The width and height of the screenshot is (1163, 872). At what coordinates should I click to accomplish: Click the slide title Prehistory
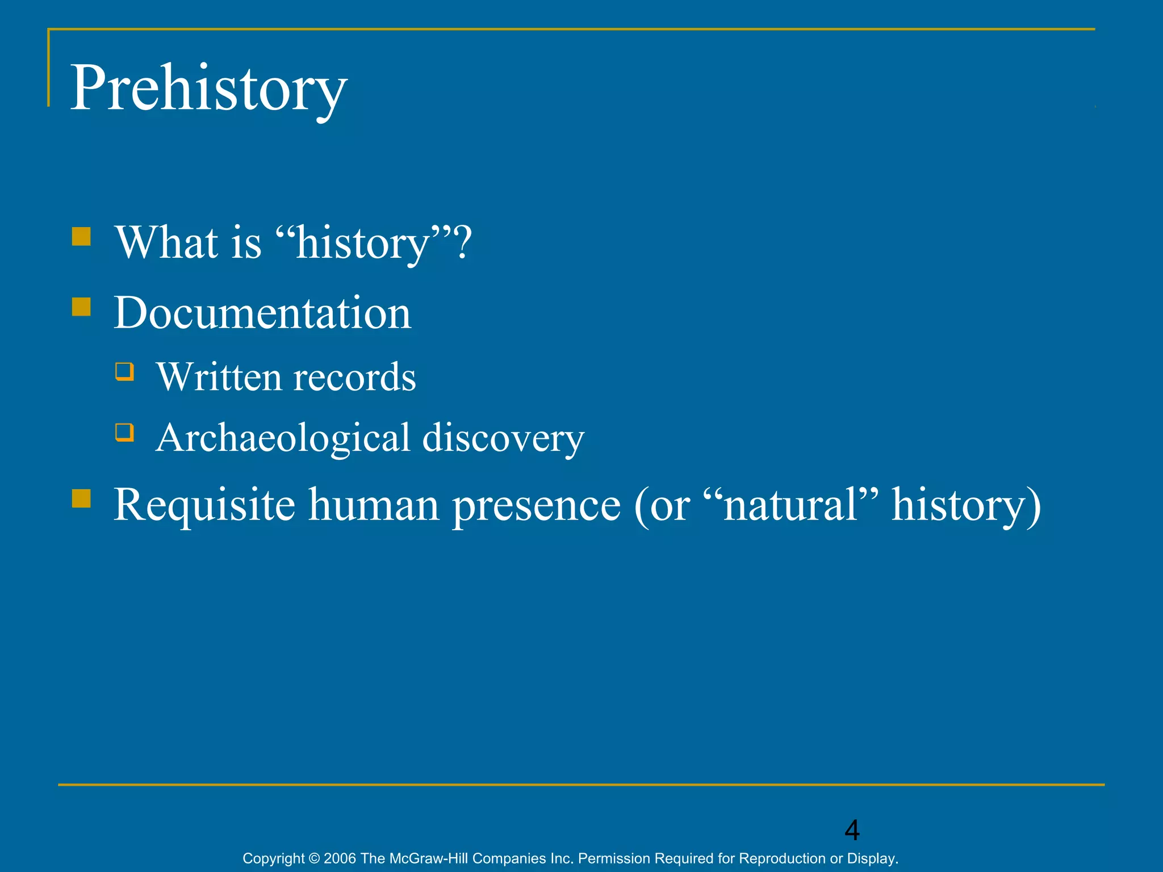pyautogui.click(x=208, y=89)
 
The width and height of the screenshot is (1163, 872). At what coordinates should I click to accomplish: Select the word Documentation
pyautogui.click(x=262, y=313)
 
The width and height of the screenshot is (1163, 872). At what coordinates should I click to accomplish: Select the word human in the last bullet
pyautogui.click(x=374, y=505)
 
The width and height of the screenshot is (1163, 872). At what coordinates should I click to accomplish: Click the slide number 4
pyautogui.click(x=852, y=830)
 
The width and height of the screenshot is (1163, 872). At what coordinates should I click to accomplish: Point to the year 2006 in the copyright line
pyautogui.click(x=340, y=858)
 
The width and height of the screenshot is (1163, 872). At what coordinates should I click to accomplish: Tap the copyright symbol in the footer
pyautogui.click(x=314, y=858)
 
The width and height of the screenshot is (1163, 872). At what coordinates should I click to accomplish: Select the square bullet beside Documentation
pyautogui.click(x=81, y=307)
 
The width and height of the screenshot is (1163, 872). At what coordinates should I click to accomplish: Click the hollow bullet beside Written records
pyautogui.click(x=124, y=372)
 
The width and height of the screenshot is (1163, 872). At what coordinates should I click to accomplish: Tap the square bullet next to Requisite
pyautogui.click(x=81, y=498)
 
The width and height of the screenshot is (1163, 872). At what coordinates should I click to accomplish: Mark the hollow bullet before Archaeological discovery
pyautogui.click(x=124, y=433)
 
